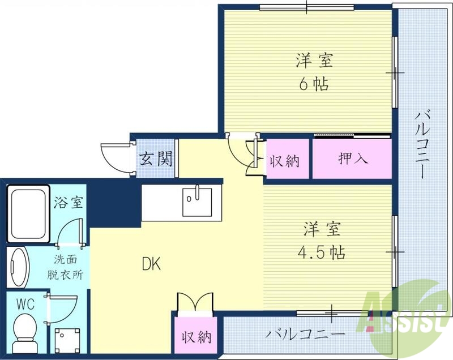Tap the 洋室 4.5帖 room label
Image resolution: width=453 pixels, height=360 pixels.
(x=321, y=239)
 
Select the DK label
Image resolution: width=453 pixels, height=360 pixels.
(x=151, y=264)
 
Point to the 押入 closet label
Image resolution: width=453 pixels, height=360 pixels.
(x=353, y=158)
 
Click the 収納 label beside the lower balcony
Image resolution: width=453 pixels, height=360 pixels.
(x=196, y=338)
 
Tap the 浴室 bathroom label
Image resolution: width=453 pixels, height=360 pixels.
(x=69, y=203)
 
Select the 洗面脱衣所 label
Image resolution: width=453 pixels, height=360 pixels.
(x=69, y=268)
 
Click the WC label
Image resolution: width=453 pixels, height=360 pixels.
(x=25, y=304)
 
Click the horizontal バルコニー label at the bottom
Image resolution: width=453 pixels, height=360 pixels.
(x=306, y=333)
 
